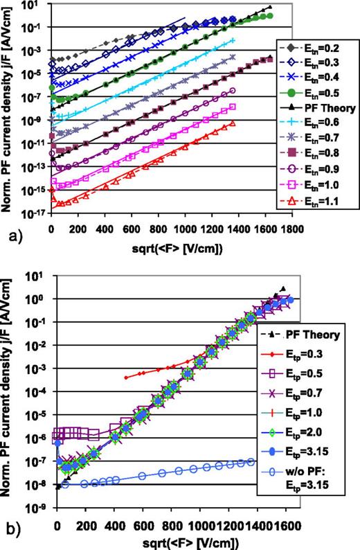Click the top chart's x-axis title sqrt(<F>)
(173, 242)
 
